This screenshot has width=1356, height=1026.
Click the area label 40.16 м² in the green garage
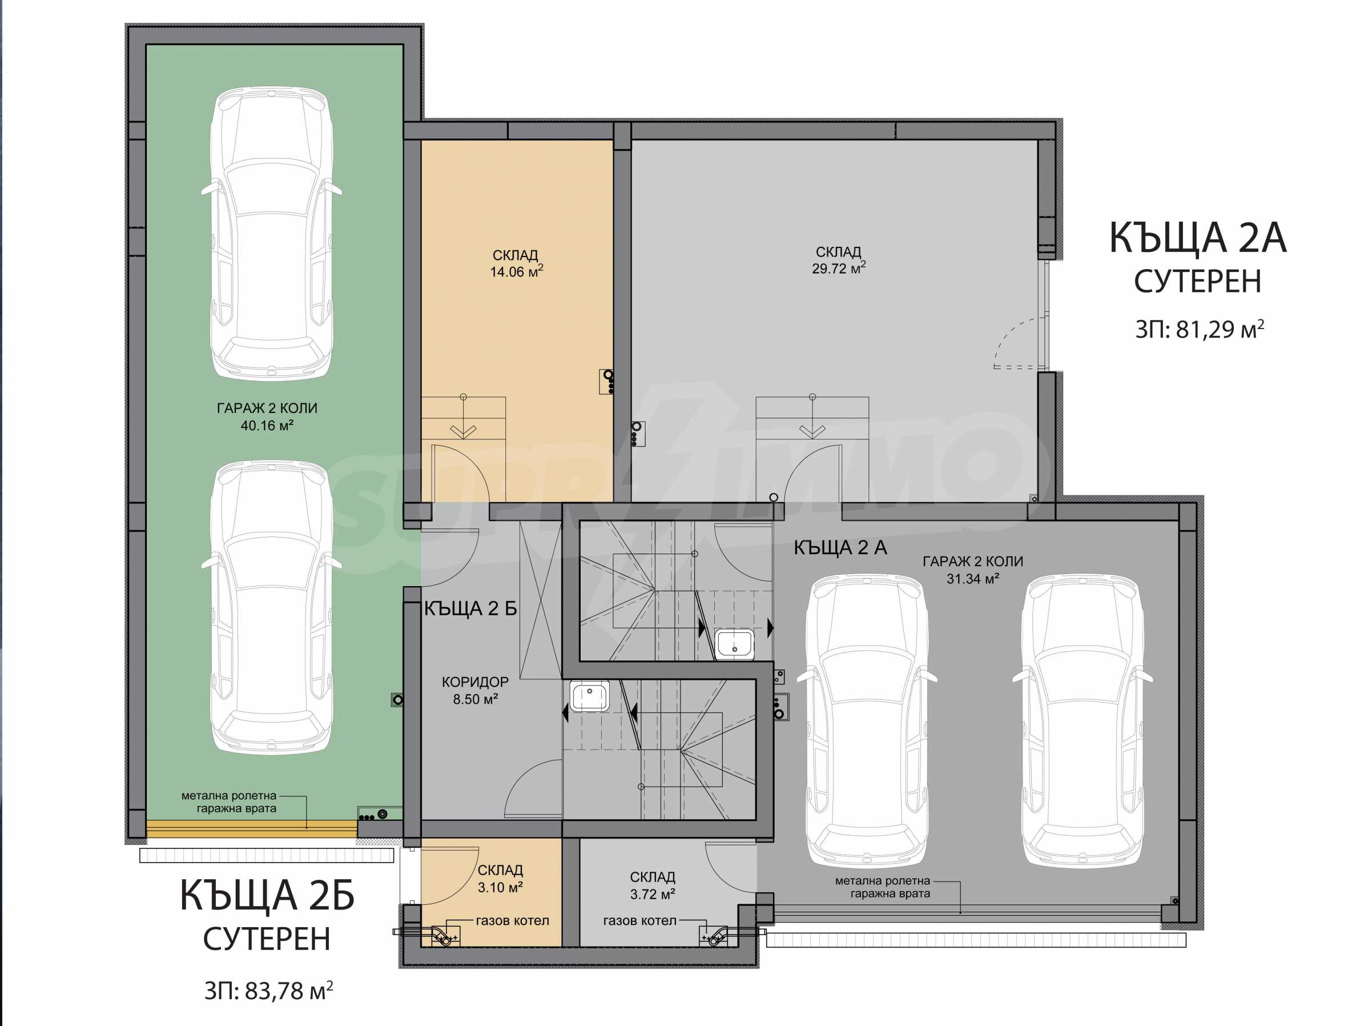267,426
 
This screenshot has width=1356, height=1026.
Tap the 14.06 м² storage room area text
516,272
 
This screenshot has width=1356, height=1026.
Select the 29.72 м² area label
839,268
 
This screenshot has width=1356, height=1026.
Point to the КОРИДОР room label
475,682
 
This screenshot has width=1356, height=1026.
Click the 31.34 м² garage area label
973,578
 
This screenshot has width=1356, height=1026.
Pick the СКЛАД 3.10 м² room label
500,878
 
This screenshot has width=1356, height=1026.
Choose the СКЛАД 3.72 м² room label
652,885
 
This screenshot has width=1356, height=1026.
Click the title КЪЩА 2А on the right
1197,238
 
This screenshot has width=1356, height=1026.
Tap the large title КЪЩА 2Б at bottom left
267,896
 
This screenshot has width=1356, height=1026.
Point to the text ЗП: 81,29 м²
1200,329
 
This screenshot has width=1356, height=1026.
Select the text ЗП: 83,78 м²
268,991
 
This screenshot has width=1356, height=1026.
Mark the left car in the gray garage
867,720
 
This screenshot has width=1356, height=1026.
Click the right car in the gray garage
1083,720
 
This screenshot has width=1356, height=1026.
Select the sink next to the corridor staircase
590,696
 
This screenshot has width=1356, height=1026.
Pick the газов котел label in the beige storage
513,920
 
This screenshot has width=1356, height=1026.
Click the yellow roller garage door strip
251,828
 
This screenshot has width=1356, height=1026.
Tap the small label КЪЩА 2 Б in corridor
471,608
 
